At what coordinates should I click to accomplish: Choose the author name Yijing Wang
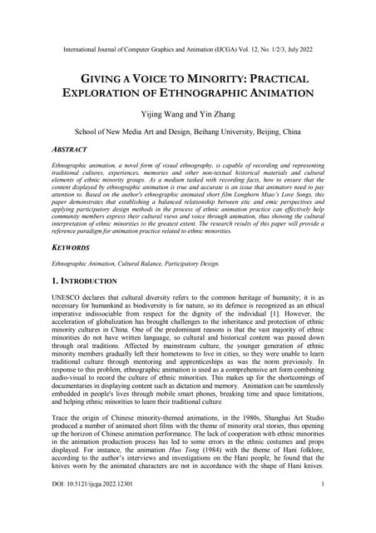157,115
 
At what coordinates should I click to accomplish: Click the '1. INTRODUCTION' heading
83,281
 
